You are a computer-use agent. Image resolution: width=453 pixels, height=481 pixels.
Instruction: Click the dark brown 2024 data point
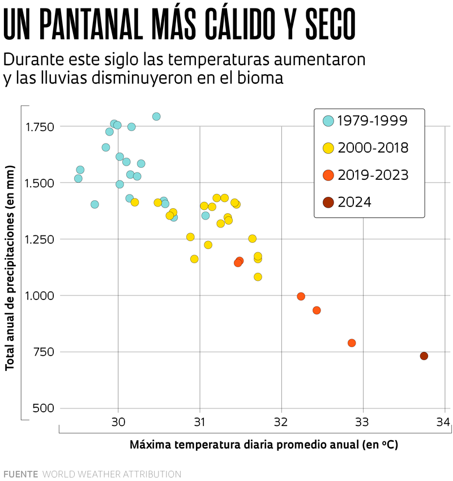424,356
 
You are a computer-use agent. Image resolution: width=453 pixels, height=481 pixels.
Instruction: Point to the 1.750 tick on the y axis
40,126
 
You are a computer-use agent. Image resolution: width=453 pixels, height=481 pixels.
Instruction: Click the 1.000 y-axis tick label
40,296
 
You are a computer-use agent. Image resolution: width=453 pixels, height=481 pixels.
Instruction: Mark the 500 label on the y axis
44,408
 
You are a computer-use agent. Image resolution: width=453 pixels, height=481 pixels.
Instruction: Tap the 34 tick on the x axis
443,422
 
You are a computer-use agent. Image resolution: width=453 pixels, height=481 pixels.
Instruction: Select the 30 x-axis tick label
118,422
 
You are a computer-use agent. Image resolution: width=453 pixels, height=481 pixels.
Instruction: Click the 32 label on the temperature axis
281,422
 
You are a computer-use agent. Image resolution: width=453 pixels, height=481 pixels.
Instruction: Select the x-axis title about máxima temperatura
264,445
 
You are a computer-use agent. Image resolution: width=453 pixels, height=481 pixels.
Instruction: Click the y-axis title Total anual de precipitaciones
10,268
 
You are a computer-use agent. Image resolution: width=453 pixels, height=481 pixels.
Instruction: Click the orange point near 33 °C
352,343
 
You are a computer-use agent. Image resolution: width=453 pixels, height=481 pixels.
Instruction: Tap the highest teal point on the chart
156,116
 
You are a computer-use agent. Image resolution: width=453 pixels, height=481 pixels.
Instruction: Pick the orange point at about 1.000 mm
301,296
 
